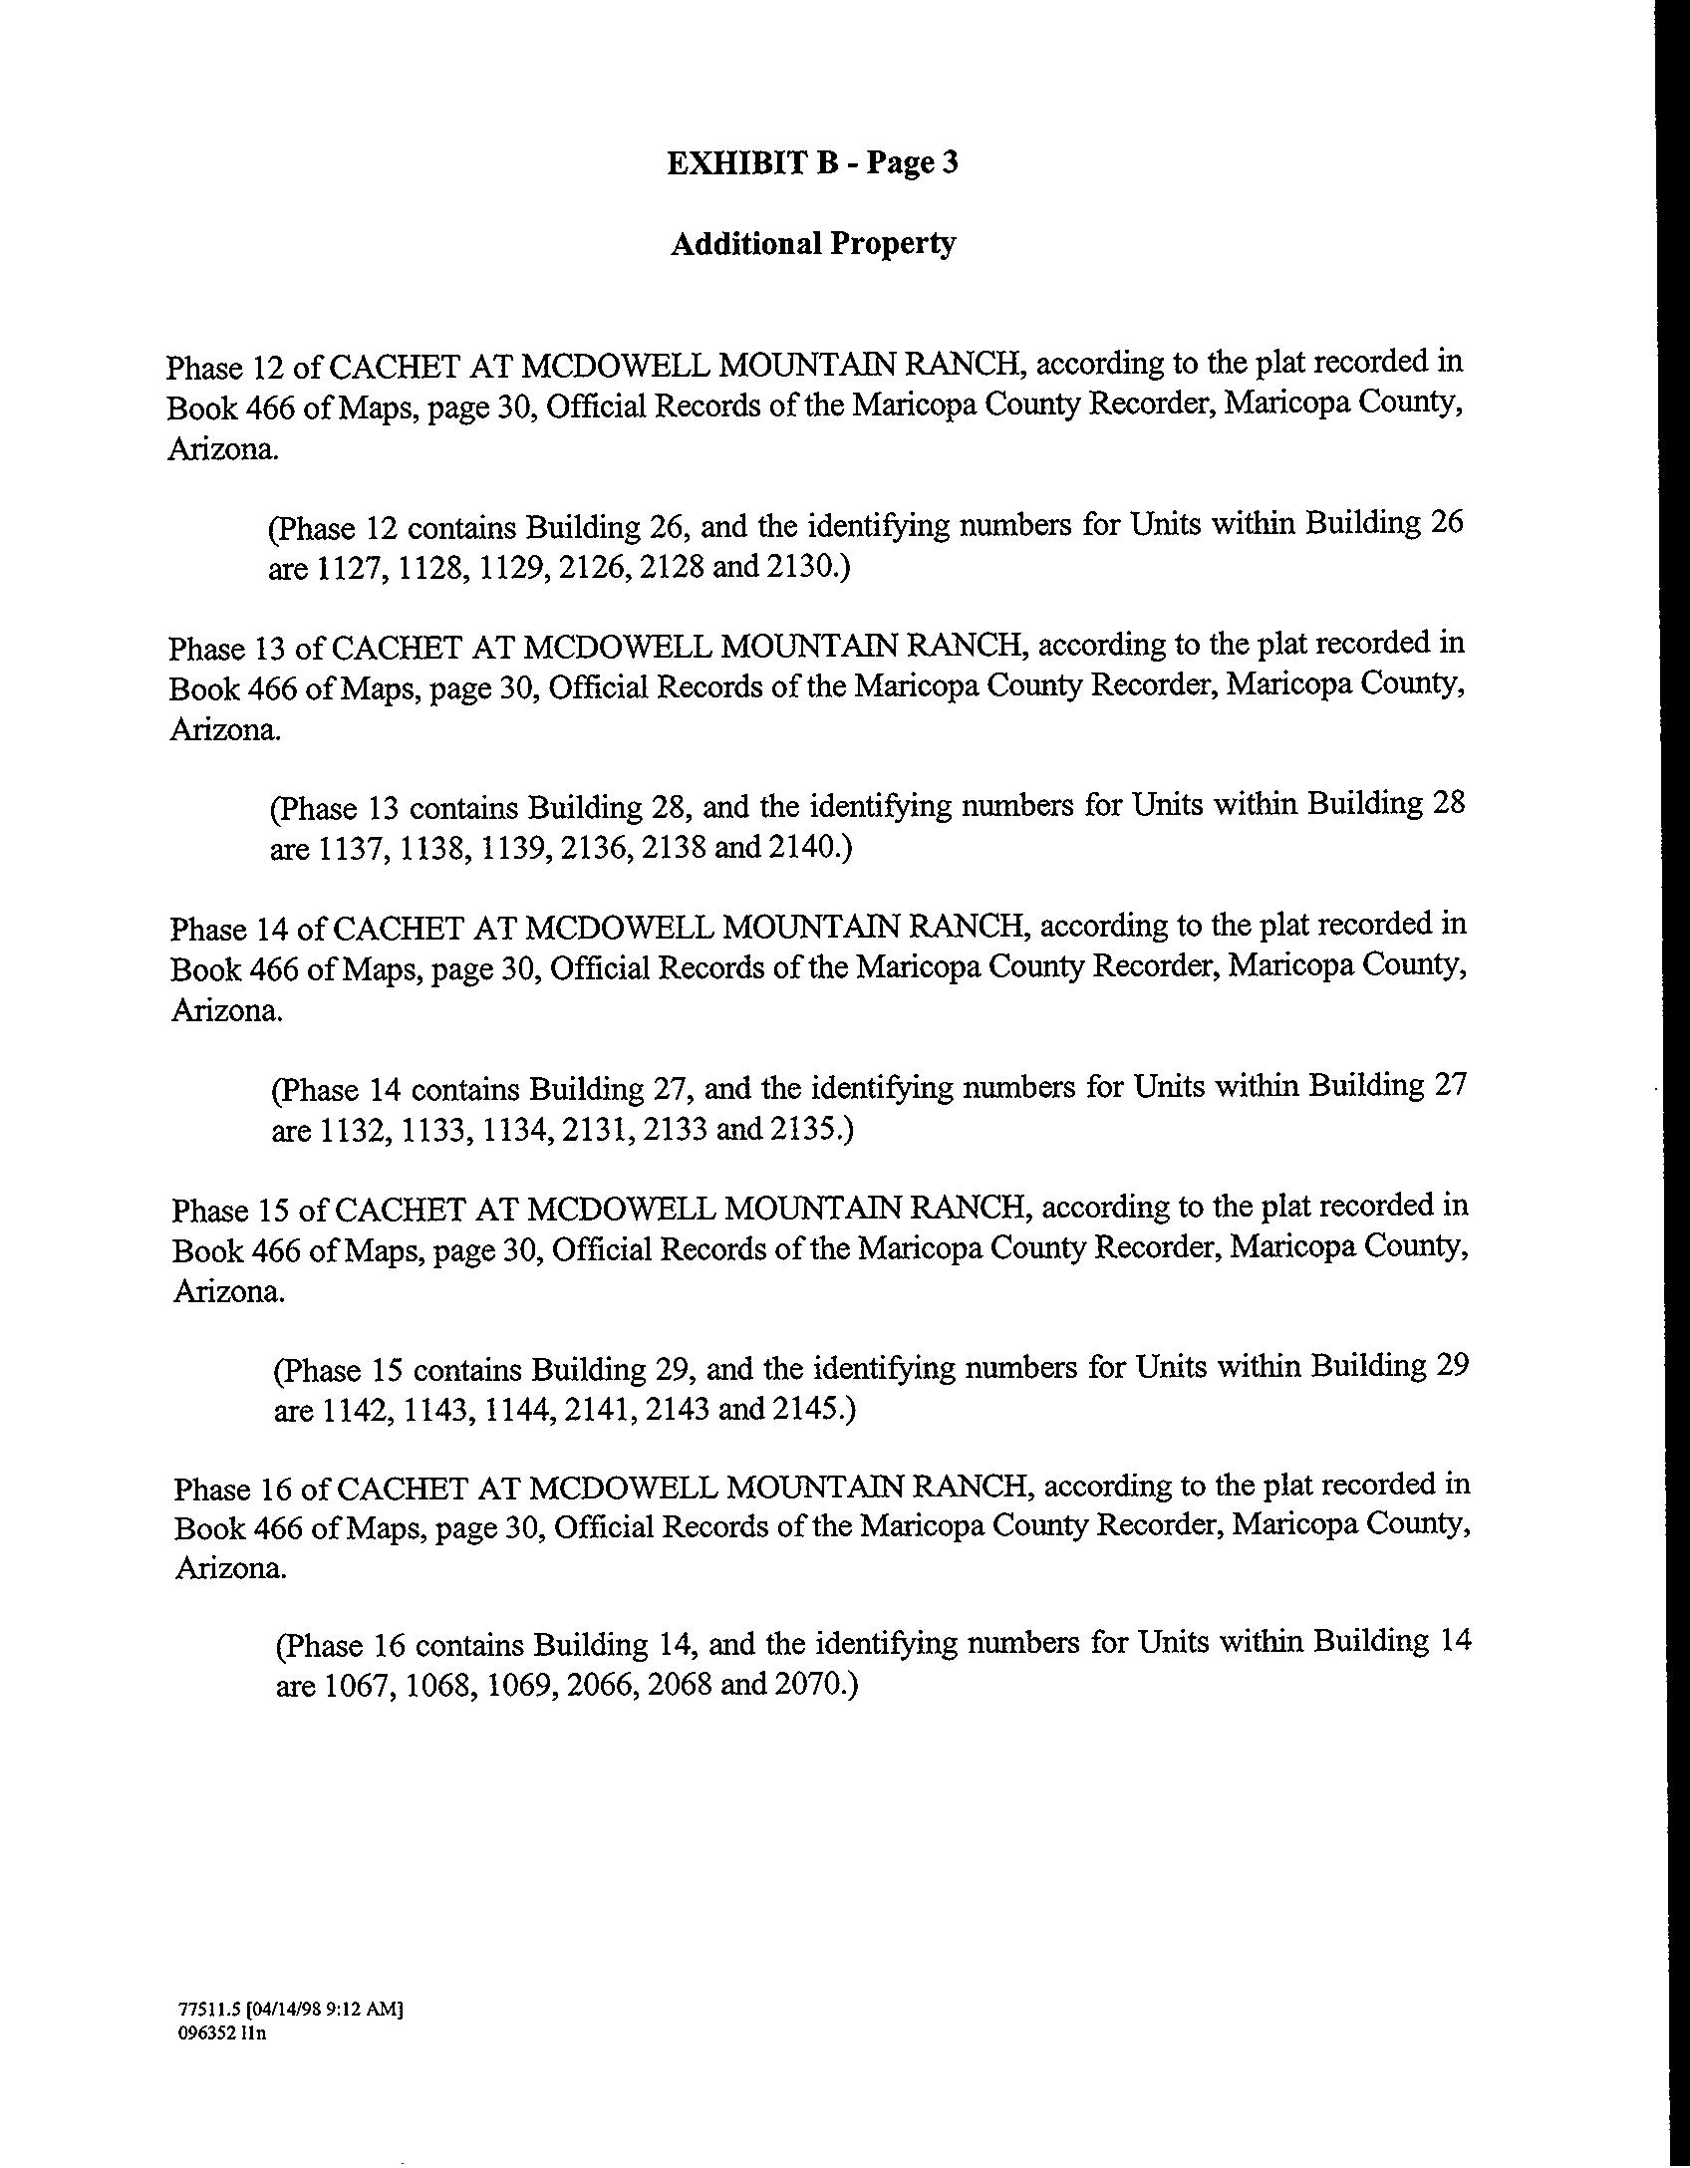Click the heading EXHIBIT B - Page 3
tap(812, 162)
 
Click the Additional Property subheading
tap(813, 243)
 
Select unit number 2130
tap(805, 567)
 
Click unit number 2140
tap(806, 847)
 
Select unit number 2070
tap(811, 1685)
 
